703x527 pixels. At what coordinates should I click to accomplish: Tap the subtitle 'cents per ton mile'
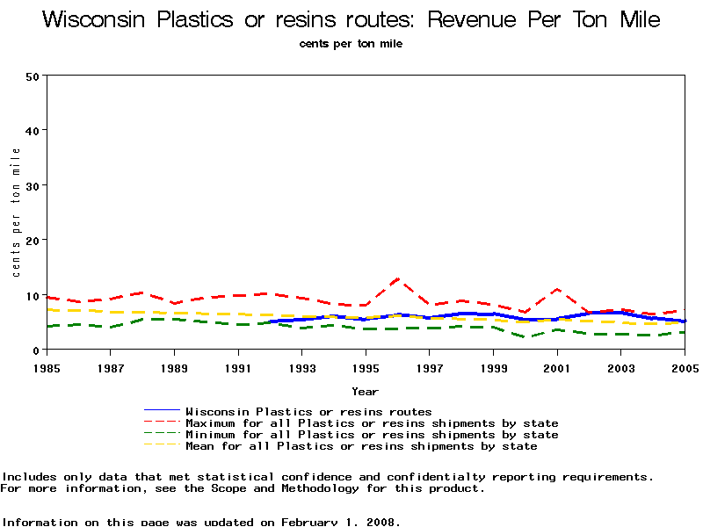[x=351, y=43]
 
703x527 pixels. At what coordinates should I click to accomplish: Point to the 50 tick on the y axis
[x=33, y=76]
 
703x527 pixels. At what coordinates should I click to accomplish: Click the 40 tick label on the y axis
[x=33, y=131]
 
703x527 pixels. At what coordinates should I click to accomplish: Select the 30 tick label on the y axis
[x=33, y=186]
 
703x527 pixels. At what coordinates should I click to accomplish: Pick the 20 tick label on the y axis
[x=33, y=241]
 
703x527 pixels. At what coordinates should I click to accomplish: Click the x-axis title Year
[x=365, y=391]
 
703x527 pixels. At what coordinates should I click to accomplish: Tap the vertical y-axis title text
[x=17, y=212]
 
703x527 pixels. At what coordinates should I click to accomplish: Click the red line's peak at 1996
[x=398, y=278]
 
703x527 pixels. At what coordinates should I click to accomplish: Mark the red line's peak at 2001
[x=557, y=289]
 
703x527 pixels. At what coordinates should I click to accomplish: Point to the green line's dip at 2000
[x=525, y=337]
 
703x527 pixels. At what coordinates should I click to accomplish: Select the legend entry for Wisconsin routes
[x=308, y=411]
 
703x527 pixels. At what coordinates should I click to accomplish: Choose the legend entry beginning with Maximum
[x=371, y=422]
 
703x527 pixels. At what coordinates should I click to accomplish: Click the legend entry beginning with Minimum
[x=371, y=434]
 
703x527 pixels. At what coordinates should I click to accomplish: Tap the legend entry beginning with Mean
[x=361, y=445]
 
